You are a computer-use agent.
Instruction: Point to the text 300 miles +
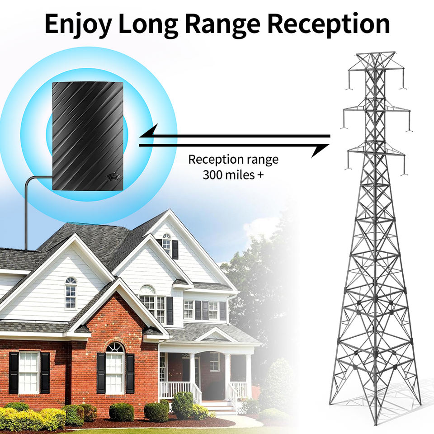(x=233, y=175)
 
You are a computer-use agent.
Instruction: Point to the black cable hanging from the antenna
(x=27, y=212)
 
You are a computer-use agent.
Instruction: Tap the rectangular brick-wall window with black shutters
(x=29, y=372)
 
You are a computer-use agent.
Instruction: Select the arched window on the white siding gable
(x=71, y=292)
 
